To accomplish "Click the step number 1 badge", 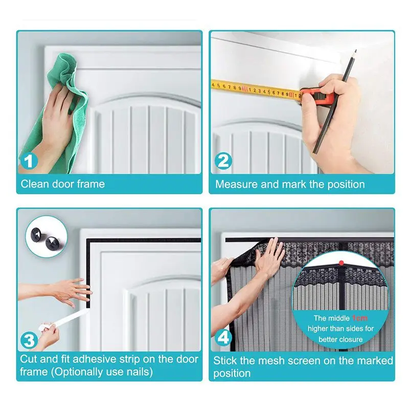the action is [x=29, y=161].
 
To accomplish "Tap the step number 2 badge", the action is [x=223, y=161].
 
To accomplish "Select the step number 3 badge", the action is [x=29, y=340].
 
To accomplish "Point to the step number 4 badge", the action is [x=223, y=337].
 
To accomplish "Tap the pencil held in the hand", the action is [x=335, y=102].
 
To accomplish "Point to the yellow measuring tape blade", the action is [x=256, y=90].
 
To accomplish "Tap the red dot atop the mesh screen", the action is [x=341, y=263].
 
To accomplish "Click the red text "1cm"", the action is [x=360, y=317].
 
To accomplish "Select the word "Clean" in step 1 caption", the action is [x=35, y=184].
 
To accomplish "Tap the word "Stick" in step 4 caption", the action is [x=225, y=360].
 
